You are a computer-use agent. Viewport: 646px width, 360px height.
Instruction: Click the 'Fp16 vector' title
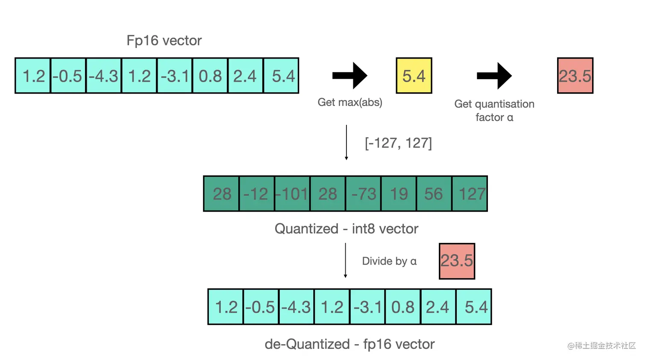point(164,41)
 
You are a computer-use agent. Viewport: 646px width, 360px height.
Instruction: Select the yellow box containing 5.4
point(414,76)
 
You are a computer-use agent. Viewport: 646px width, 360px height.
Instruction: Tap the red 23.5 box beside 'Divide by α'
point(457,261)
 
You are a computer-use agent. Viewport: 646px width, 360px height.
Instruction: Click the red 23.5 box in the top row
point(575,76)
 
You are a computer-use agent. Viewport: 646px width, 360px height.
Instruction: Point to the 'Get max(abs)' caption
point(349,102)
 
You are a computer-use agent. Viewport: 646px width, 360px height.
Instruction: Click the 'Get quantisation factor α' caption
point(494,110)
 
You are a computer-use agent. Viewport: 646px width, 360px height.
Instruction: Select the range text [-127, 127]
point(398,143)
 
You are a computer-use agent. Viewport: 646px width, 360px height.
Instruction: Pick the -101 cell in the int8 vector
point(292,194)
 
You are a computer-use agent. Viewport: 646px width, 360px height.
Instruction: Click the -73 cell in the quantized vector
point(363,194)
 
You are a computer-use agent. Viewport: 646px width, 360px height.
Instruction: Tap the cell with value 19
point(399,194)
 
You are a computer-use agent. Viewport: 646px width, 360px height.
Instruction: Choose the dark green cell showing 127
point(470,194)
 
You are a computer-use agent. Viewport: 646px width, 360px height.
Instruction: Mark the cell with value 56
point(434,194)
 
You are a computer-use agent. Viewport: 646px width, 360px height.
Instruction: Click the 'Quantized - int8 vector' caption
point(346,229)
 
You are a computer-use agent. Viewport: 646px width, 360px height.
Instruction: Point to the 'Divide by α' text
point(389,261)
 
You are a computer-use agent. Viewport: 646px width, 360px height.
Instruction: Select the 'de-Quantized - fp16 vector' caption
point(349,344)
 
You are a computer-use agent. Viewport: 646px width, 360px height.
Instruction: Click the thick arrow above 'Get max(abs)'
point(349,76)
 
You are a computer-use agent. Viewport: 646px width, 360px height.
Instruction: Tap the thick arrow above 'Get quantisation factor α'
point(494,76)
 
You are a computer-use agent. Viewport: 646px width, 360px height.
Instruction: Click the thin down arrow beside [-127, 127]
point(346,142)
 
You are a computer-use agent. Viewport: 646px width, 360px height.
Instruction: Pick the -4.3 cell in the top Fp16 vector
point(104,76)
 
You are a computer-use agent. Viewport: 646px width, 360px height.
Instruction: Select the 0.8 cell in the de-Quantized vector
point(403,307)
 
